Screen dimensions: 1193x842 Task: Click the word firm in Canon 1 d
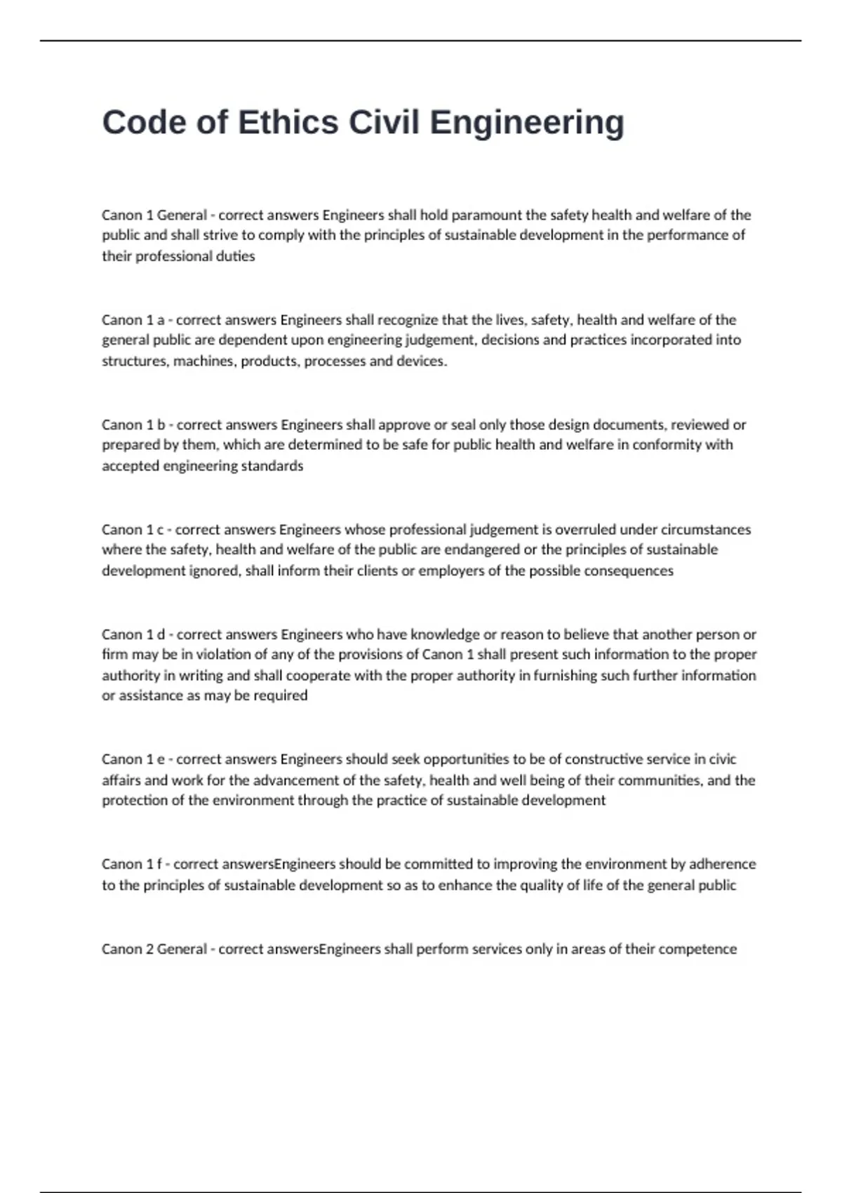tap(114, 655)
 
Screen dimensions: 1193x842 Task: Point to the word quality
tap(543, 885)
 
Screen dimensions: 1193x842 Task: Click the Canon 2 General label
tap(154, 949)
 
